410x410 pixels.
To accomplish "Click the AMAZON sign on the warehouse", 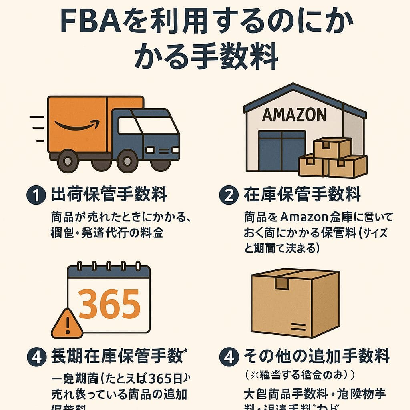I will tap(294, 115).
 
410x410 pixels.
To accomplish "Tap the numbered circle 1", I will tap(35, 196).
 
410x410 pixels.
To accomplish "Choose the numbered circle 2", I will tap(229, 196).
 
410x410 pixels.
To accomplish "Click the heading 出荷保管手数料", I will tap(109, 195).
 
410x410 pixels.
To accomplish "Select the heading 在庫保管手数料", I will tap(302, 195).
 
